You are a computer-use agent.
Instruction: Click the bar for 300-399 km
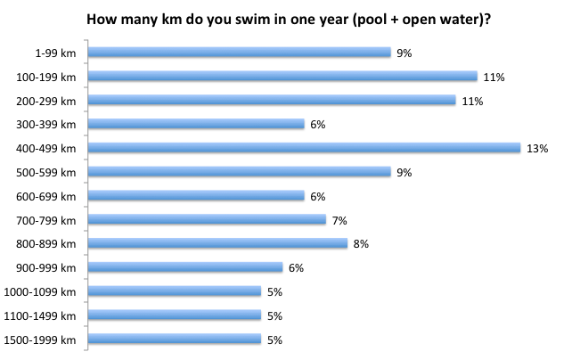(x=197, y=125)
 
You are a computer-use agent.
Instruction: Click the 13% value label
(x=536, y=149)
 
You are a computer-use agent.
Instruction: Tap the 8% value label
(x=361, y=243)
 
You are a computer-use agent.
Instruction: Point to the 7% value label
(x=339, y=220)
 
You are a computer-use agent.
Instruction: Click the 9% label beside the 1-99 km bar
(x=404, y=53)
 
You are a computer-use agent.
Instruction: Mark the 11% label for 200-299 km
(x=472, y=102)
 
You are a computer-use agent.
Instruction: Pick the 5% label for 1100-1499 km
(x=274, y=315)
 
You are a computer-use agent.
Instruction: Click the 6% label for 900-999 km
(x=296, y=267)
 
